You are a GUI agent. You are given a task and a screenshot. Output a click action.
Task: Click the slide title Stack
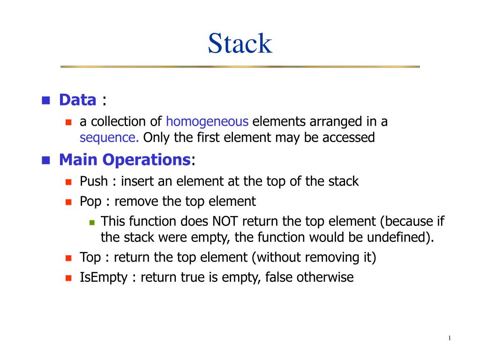[240, 44]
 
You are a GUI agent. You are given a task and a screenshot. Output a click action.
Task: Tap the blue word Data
[77, 99]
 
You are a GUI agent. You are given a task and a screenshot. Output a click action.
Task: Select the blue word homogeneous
[207, 122]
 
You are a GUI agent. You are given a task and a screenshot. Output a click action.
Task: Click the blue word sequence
[109, 138]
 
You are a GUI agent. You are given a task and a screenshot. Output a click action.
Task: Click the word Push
[94, 181]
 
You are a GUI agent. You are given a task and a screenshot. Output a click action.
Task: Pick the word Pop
[90, 202]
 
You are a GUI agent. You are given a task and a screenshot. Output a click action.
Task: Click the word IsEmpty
[104, 277]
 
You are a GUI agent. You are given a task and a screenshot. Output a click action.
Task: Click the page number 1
[449, 339]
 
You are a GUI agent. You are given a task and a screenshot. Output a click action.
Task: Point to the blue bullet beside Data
[45, 100]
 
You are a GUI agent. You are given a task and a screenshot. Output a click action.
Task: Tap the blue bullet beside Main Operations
[45, 161]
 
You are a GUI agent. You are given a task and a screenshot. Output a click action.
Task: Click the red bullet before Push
[68, 182]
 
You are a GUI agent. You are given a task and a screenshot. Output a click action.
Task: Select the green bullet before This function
[92, 222]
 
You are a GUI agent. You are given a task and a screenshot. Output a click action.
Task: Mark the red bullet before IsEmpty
[68, 278]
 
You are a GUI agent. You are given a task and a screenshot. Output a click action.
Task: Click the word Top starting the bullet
[90, 257]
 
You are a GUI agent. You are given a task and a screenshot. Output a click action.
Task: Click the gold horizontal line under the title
[240, 67]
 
